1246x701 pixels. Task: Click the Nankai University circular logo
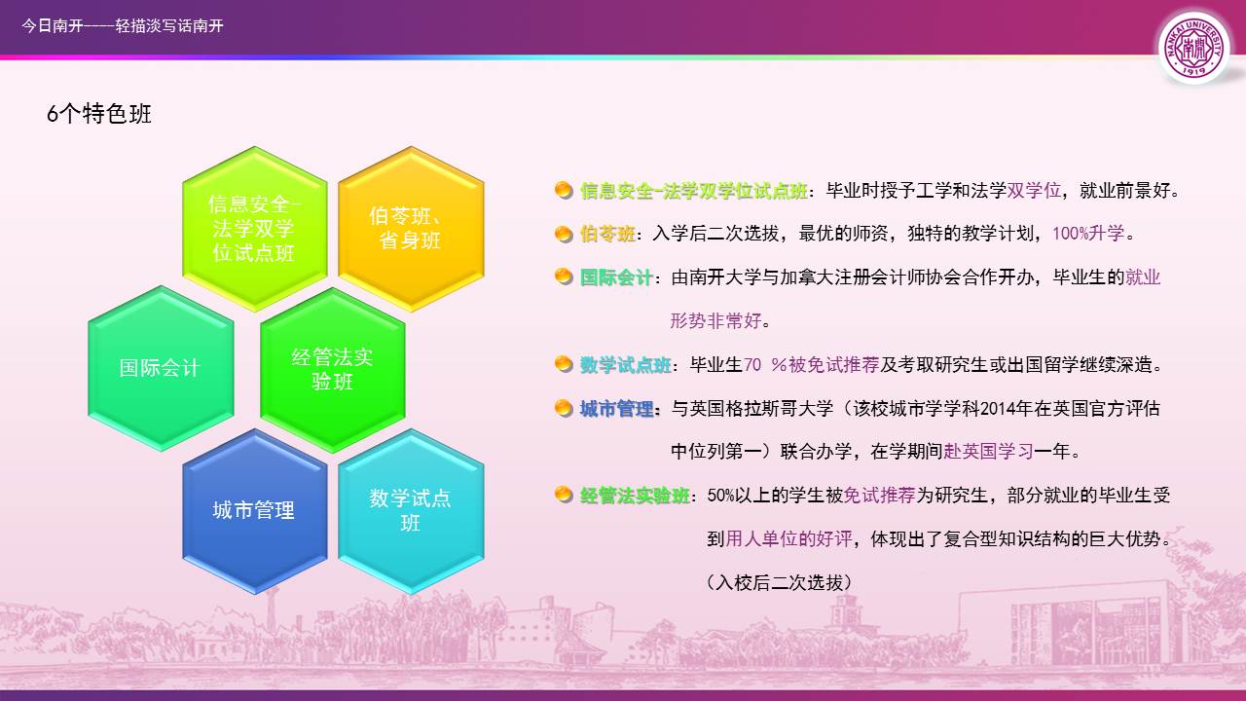point(1193,48)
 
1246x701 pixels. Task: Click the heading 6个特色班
point(99,114)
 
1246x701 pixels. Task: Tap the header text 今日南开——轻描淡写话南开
point(123,25)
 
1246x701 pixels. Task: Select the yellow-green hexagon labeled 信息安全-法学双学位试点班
point(255,229)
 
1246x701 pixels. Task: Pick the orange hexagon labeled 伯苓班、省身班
point(411,229)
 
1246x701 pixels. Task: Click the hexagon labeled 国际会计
point(161,368)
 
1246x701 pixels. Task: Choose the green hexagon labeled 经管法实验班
point(333,370)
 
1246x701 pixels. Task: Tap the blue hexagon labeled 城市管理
point(255,511)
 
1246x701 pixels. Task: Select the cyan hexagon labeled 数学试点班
point(411,511)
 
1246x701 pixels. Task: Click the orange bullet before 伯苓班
point(564,234)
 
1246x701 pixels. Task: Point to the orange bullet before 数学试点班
point(564,364)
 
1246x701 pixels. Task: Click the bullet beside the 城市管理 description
point(564,408)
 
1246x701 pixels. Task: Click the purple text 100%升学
point(1088,233)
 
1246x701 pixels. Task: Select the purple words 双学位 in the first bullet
point(1034,190)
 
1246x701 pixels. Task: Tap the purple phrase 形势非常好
point(715,320)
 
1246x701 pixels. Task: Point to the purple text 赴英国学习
point(988,451)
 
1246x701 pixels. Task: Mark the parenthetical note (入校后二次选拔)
point(780,582)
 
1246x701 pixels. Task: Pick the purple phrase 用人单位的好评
point(788,538)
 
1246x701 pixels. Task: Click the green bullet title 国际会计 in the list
point(616,277)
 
